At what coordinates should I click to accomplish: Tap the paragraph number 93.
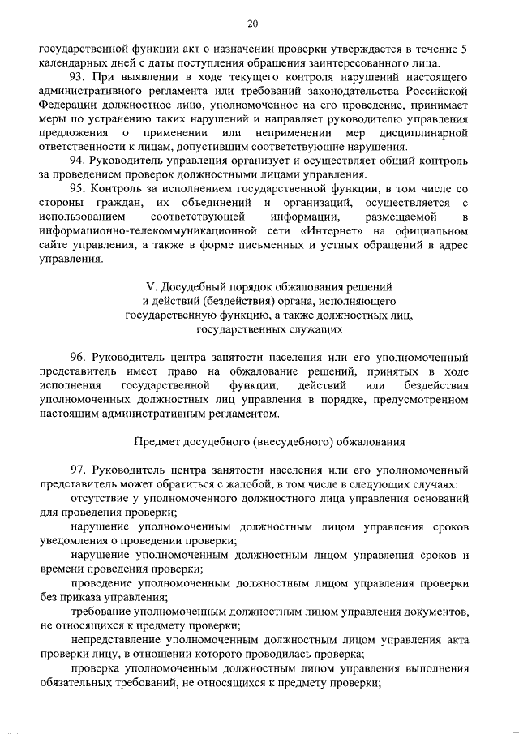pos(79,77)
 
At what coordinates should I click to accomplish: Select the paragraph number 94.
pos(79,161)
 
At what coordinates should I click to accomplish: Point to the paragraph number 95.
pos(79,189)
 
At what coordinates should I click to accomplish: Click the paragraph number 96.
pos(79,357)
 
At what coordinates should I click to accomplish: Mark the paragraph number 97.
pos(79,470)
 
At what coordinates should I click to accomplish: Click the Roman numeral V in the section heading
pos(148,287)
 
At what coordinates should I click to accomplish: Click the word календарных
pos(75,62)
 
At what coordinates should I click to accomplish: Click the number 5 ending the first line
pos(463,49)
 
